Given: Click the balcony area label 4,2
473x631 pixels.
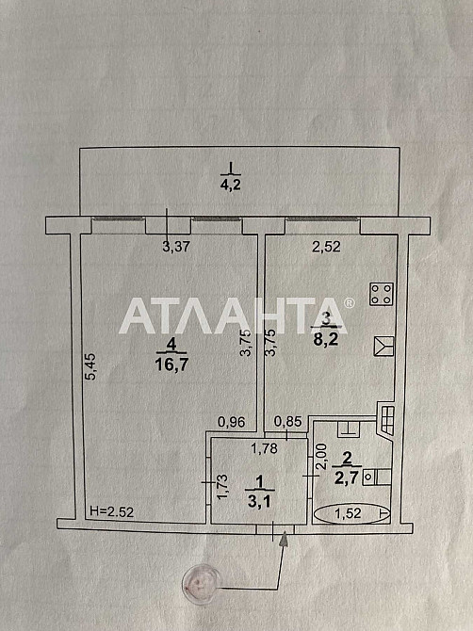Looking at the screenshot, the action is pyautogui.click(x=230, y=185).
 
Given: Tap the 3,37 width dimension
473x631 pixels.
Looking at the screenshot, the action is pyautogui.click(x=176, y=247).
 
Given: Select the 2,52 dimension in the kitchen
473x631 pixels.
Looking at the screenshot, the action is pyautogui.click(x=326, y=247).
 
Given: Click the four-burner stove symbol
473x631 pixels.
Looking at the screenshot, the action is pyautogui.click(x=382, y=294).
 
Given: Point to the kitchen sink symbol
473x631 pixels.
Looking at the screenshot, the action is pyautogui.click(x=383, y=346).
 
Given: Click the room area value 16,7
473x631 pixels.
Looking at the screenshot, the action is pyautogui.click(x=171, y=364).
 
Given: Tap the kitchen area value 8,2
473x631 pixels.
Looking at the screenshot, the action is pyautogui.click(x=326, y=340).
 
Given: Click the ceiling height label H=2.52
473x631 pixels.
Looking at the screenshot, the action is pyautogui.click(x=111, y=511).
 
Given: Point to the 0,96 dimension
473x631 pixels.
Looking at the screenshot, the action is pyautogui.click(x=232, y=422).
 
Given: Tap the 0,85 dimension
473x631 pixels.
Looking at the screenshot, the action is pyautogui.click(x=287, y=421).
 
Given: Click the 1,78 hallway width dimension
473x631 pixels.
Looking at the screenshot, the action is pyautogui.click(x=265, y=448).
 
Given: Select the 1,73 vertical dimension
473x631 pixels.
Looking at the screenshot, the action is pyautogui.click(x=222, y=487).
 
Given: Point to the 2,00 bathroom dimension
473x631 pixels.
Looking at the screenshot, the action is pyautogui.click(x=321, y=457).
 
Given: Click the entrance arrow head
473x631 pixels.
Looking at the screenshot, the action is pyautogui.click(x=285, y=539).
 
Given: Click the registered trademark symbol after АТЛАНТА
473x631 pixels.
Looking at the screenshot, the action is pyautogui.click(x=349, y=302).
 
